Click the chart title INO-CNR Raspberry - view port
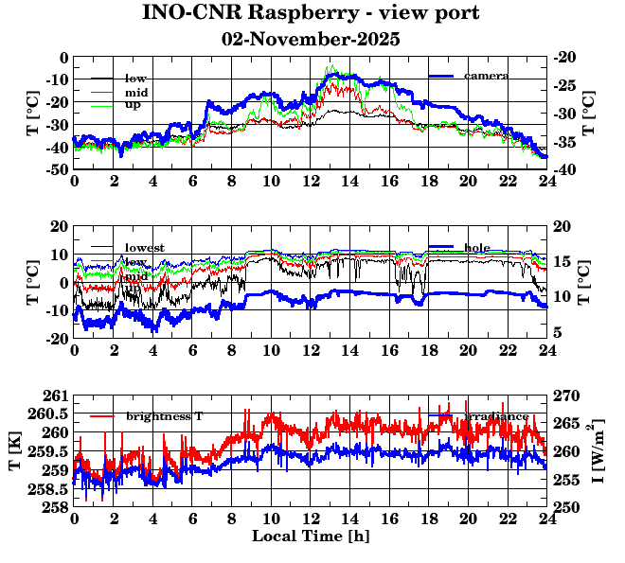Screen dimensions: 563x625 (x=311, y=14)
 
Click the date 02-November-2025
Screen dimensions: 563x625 (x=311, y=40)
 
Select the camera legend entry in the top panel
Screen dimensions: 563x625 (x=487, y=76)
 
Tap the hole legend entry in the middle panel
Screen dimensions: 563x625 (x=477, y=248)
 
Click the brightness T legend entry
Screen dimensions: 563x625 (x=165, y=416)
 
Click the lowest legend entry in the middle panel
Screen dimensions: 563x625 (x=145, y=248)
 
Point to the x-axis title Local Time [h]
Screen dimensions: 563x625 (x=311, y=537)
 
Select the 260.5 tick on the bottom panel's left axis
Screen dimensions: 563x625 (x=53, y=413)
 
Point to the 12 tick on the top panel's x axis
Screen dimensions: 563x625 (x=311, y=181)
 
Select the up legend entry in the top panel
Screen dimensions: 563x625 (x=133, y=104)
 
